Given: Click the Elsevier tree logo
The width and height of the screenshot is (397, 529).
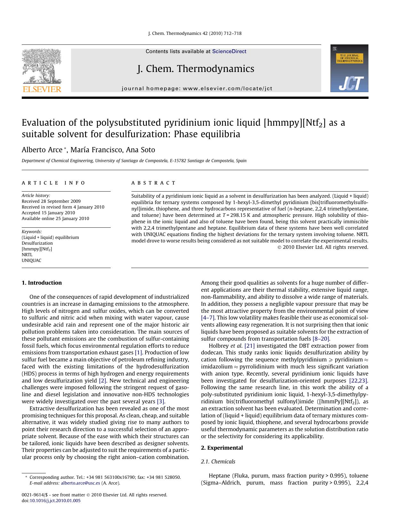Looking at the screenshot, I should pos(42,67).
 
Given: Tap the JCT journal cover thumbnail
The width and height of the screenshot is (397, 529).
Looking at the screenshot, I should pos(349,68).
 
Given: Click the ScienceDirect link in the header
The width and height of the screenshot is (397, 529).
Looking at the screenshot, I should pos(229,51).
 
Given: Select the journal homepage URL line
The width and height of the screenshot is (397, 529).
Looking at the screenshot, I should pos(197,89).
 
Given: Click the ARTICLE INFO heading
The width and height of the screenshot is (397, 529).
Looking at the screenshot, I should pos(53,183).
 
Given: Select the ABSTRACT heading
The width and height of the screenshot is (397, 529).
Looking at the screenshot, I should pos(154,183).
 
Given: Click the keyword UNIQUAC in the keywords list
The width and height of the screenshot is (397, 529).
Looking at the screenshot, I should pos(31,260).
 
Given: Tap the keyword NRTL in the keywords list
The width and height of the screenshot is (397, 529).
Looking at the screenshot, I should pos(27,255).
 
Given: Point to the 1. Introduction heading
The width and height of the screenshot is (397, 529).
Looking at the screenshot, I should pos(42,283).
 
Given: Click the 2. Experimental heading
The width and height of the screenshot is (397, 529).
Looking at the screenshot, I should pos(222,448).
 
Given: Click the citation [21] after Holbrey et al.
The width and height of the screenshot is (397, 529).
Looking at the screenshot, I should pos(249,346).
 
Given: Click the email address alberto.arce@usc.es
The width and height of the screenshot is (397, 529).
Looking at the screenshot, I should pos(80,483).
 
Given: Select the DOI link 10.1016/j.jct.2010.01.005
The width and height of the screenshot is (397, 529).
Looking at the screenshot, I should pos(55,501).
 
